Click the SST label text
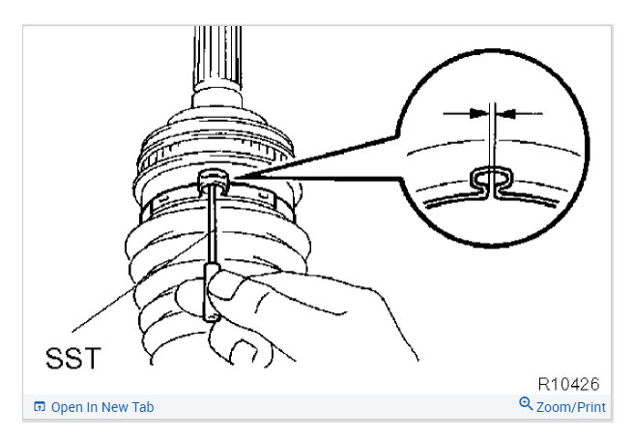point(72,359)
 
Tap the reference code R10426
point(569,384)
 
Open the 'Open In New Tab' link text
point(102,407)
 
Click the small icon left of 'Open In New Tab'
point(39,407)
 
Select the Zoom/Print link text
point(571,407)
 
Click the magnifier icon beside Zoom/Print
point(526,404)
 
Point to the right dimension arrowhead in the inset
point(508,113)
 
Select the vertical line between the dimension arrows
point(492,135)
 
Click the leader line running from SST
point(126,300)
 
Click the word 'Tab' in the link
point(141,407)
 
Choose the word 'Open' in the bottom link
point(68,407)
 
